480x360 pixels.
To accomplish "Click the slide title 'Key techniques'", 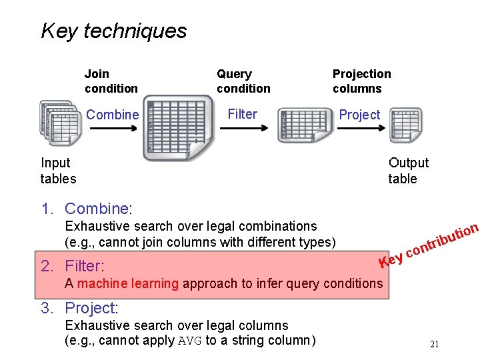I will click(113, 31).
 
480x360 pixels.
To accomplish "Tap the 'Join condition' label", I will click(111, 81).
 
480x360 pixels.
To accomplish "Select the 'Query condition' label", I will click(243, 81).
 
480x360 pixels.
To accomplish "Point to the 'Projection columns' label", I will click(361, 81).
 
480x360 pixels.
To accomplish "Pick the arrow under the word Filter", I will click(242, 128).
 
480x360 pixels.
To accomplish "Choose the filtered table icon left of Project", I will click(304, 125).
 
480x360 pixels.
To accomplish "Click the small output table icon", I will click(405, 125).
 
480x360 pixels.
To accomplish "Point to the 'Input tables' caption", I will click(58, 171).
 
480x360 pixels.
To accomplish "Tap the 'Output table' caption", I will click(408, 171).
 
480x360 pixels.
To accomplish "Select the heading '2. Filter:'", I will click(72, 267).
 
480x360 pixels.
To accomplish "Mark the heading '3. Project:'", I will click(79, 308).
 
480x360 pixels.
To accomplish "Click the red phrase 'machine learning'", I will click(128, 283).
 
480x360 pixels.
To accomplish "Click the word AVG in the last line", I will click(191, 341).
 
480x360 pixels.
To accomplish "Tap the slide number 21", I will click(434, 345).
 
